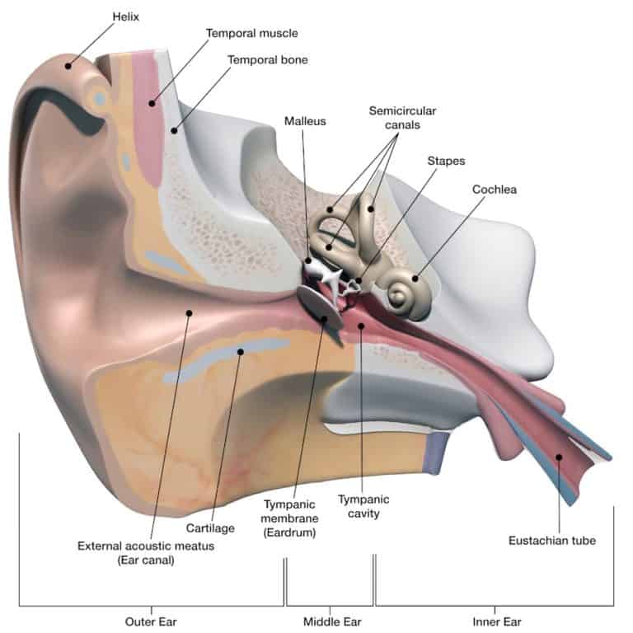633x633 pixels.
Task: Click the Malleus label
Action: (x=305, y=120)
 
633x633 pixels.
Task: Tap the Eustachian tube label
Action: (x=551, y=542)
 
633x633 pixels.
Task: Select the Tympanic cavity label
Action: (x=363, y=507)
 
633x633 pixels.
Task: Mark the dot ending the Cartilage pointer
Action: (x=241, y=352)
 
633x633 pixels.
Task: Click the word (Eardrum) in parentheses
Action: (x=290, y=532)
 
